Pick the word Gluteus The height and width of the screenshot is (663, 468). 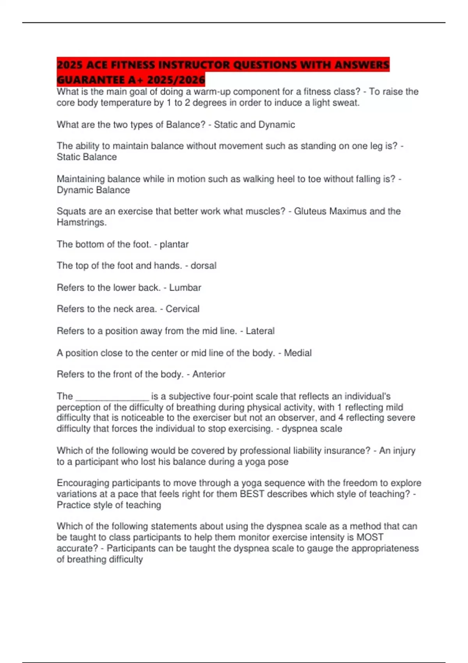click(310, 211)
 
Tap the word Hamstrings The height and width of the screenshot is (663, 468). click(82, 223)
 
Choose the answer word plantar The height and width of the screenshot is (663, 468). click(174, 245)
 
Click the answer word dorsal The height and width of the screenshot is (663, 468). click(203, 266)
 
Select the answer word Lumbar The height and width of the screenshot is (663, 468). click(185, 288)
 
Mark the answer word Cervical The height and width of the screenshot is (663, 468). click(183, 309)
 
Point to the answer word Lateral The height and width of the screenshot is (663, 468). click(260, 331)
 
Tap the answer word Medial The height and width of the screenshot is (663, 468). click(298, 353)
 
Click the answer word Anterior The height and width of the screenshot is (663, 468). click(209, 374)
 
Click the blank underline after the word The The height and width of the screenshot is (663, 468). click(112, 397)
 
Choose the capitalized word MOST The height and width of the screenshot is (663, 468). click(370, 537)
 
